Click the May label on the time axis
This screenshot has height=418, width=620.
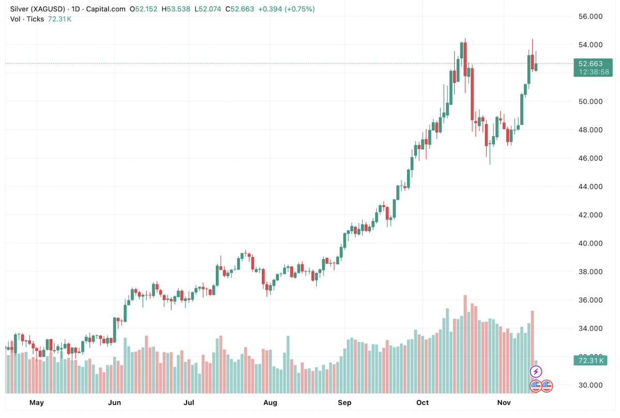click(x=37, y=402)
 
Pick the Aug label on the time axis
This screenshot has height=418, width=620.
click(x=270, y=402)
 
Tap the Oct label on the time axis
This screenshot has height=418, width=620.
click(x=423, y=402)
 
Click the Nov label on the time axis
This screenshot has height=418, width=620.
click(x=503, y=402)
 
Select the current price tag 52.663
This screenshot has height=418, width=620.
click(x=591, y=64)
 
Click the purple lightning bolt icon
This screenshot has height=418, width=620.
click(x=536, y=371)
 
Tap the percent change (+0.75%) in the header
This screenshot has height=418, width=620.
click(x=298, y=9)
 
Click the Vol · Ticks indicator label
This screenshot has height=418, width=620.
click(x=27, y=19)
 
